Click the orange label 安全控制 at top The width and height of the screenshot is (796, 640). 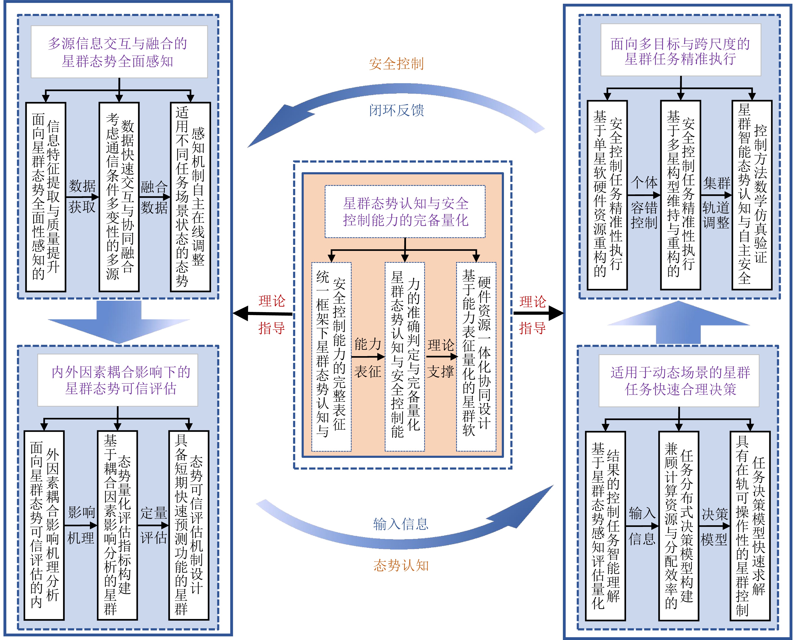pyautogui.click(x=396, y=64)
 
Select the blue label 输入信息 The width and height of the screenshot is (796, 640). pyautogui.click(x=401, y=524)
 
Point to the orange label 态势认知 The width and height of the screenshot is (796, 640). pyautogui.click(x=401, y=565)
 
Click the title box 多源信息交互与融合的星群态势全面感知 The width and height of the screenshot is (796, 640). pyautogui.click(x=119, y=52)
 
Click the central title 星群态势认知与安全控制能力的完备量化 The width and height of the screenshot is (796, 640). pyautogui.click(x=405, y=212)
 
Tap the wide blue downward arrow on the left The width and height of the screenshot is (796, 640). pyautogui.click(x=119, y=321)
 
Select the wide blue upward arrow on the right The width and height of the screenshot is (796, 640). pyautogui.click(x=678, y=321)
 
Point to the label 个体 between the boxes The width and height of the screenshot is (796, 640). pyautogui.click(x=644, y=182)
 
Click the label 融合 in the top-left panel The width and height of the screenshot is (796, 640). pyautogui.click(x=154, y=187)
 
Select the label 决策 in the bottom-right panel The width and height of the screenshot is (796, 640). pyautogui.click(x=715, y=514)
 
